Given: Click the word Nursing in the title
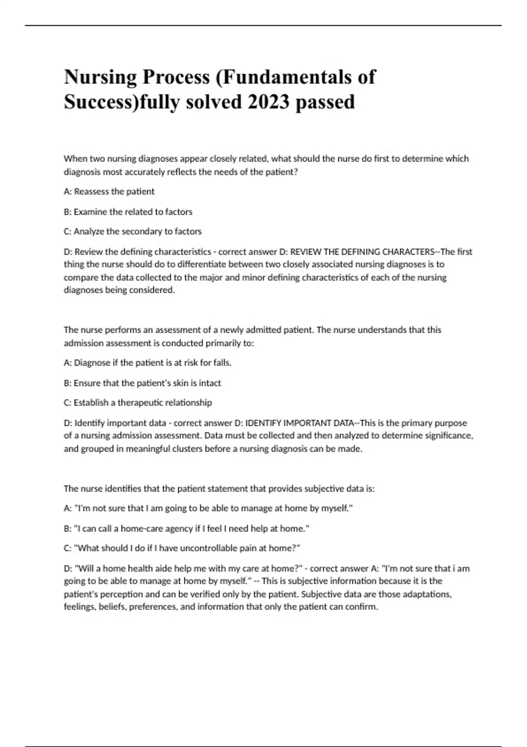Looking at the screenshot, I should (x=100, y=77).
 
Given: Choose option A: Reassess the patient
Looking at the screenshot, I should (x=109, y=192).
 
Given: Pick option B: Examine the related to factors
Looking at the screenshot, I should (x=128, y=212).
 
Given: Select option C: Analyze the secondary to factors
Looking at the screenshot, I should (x=133, y=232).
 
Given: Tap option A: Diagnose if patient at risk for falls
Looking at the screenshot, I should (x=148, y=363).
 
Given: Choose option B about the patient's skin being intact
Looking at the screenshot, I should (x=142, y=383).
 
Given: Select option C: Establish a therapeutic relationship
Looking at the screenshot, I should (x=138, y=403).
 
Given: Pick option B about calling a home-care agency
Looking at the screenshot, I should (x=187, y=529).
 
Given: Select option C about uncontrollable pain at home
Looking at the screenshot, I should (x=182, y=548).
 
